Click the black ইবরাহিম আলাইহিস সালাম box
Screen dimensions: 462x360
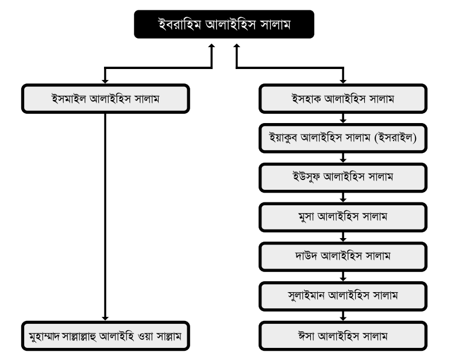[x=224, y=24]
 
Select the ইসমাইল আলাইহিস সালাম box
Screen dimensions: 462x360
[x=106, y=98]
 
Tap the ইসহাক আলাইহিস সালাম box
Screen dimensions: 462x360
[x=343, y=98]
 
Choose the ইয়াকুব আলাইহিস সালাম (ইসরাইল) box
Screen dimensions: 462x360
[x=343, y=138]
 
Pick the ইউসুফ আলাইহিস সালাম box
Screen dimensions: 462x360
[x=343, y=178]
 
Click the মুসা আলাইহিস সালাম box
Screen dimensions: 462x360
[x=343, y=217]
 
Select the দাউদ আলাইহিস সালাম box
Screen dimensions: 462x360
[x=343, y=256]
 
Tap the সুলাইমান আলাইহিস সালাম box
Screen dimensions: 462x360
[x=343, y=296]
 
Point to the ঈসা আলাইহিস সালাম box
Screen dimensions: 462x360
[x=343, y=336]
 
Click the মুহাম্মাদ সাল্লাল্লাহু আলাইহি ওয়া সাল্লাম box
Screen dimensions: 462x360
[x=106, y=336]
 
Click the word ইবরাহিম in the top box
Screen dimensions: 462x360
[x=180, y=24]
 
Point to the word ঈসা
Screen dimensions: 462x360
[x=306, y=336]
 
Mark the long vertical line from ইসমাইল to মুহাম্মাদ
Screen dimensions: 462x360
[x=105, y=217]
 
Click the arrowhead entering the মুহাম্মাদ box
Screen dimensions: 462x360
[x=105, y=319]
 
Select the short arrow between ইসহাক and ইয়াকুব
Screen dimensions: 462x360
[x=342, y=118]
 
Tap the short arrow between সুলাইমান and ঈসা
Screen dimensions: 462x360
[x=342, y=316]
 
